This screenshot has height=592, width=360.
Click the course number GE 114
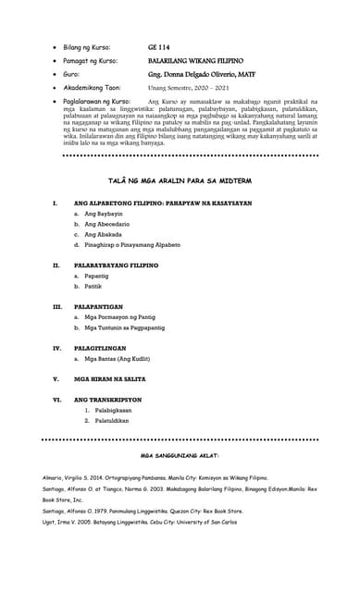157,45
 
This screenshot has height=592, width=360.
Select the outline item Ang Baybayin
106,214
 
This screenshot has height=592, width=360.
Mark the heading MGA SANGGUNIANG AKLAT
179,457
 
